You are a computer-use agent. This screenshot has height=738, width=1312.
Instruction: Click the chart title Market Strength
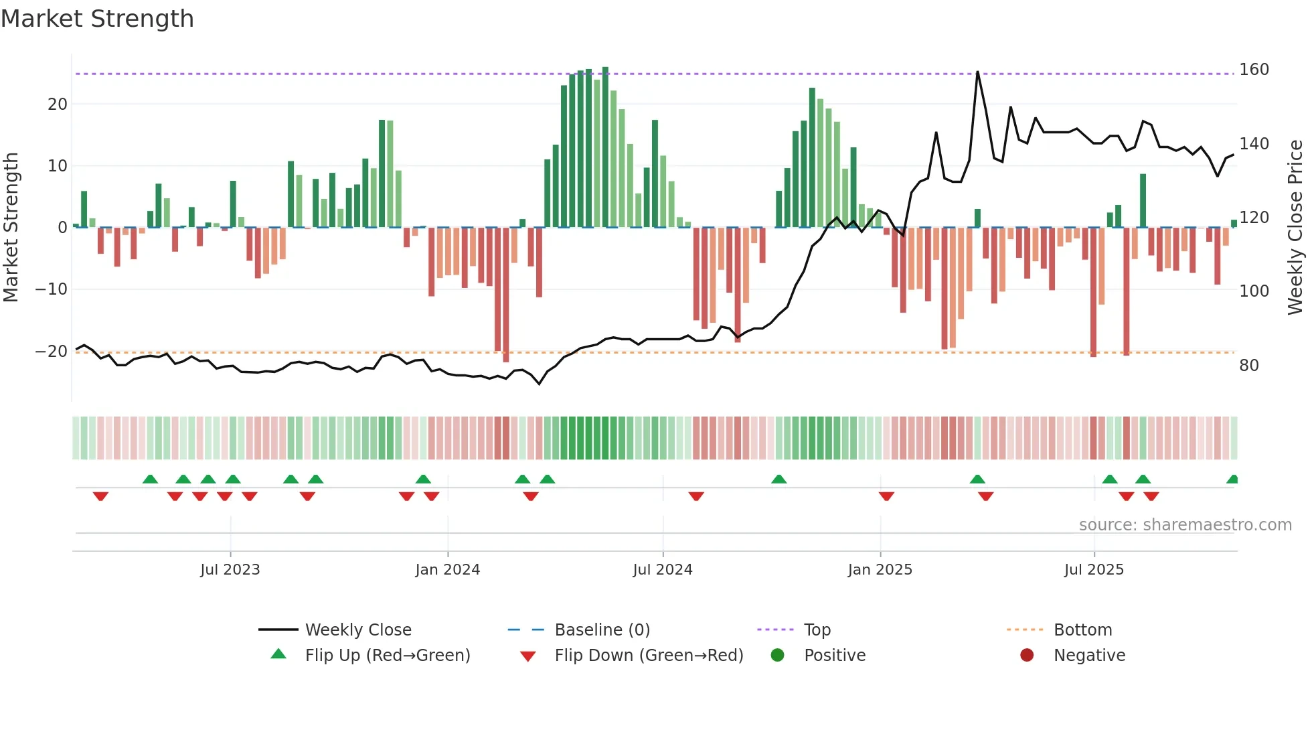[x=97, y=19]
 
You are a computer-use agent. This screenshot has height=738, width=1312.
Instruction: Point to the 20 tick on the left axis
[x=58, y=104]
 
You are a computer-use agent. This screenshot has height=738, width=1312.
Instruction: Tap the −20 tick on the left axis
[x=52, y=351]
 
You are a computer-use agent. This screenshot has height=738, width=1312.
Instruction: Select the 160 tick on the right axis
[x=1254, y=70]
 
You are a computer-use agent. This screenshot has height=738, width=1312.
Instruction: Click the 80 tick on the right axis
[x=1248, y=366]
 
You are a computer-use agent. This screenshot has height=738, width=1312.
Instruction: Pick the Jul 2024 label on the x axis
[x=662, y=570]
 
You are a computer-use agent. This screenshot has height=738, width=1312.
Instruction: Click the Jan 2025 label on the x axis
[x=880, y=570]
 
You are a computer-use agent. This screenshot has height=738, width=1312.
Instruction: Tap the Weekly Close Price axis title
[x=1295, y=228]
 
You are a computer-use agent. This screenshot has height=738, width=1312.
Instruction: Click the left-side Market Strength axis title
[x=11, y=228]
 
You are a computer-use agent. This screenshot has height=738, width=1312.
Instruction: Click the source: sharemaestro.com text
[x=1185, y=525]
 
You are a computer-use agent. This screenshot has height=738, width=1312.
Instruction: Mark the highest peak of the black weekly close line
[x=977, y=72]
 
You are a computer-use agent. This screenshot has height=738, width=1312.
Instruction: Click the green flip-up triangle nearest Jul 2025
[x=1109, y=479]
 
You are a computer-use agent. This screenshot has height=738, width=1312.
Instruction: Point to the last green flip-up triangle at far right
[x=1232, y=479]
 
